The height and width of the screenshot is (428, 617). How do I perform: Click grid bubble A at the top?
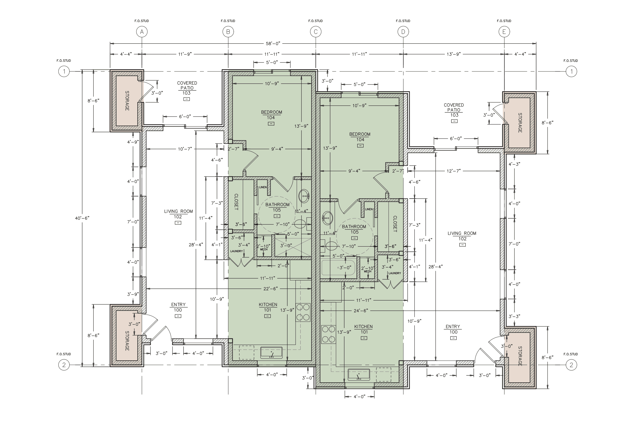(142, 32)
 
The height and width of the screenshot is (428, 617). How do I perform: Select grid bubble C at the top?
(315, 32)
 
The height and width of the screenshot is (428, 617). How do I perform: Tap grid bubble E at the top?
(504, 32)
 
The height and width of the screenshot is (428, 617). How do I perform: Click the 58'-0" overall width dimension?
(273, 43)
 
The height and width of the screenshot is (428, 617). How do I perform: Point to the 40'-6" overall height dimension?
(82, 218)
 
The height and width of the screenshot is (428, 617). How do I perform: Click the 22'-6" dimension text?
(270, 289)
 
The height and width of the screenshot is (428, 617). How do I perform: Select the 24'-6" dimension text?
(361, 311)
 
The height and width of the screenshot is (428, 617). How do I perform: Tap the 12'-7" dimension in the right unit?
(454, 171)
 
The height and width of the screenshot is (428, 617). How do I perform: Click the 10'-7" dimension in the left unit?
(185, 149)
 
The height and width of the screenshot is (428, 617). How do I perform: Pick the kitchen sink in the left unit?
(271, 352)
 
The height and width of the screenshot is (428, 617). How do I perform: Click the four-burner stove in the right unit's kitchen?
(329, 334)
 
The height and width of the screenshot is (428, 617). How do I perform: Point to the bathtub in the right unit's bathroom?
(338, 268)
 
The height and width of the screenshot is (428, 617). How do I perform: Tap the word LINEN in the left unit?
(263, 187)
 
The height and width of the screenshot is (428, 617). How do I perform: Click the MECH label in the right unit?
(367, 272)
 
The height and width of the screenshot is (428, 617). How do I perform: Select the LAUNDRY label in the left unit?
(236, 251)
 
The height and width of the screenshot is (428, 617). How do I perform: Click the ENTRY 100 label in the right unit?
(453, 329)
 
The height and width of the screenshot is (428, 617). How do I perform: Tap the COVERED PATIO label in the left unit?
(187, 86)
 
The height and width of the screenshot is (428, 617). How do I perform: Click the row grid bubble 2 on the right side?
(571, 365)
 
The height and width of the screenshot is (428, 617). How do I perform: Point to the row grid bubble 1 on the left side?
(64, 71)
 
